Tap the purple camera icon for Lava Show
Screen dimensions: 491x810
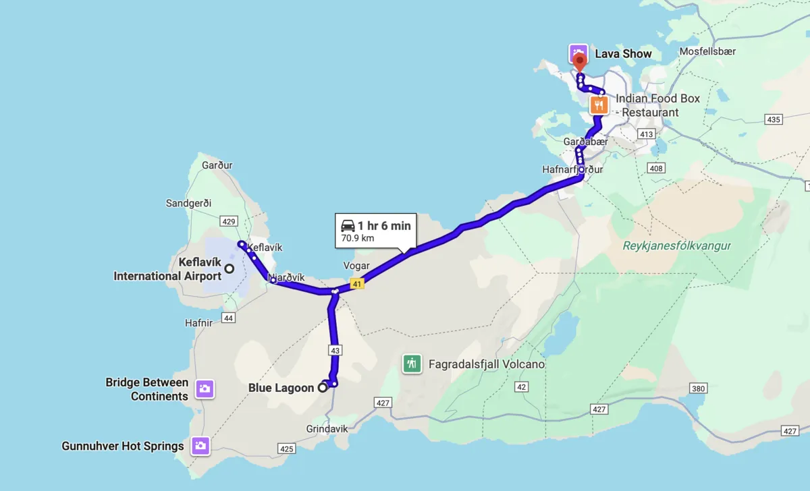tap(577, 53)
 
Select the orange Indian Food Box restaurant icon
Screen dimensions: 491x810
tap(599, 105)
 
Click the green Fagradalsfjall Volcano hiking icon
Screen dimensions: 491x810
tap(410, 364)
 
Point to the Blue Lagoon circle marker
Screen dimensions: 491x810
tap(323, 387)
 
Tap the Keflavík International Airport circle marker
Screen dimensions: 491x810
tap(229, 268)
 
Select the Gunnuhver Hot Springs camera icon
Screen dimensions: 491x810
tap(200, 445)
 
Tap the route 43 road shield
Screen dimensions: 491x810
tap(335, 350)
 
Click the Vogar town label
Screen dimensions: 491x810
tap(356, 266)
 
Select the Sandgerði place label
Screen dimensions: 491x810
tap(188, 203)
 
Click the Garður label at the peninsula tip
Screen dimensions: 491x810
tap(217, 165)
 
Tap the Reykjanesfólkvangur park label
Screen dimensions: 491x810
tap(677, 246)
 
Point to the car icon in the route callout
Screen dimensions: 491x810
tap(348, 225)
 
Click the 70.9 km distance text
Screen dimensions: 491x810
tap(358, 238)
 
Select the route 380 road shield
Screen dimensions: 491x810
tap(698, 388)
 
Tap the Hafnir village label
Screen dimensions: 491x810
tap(198, 323)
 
